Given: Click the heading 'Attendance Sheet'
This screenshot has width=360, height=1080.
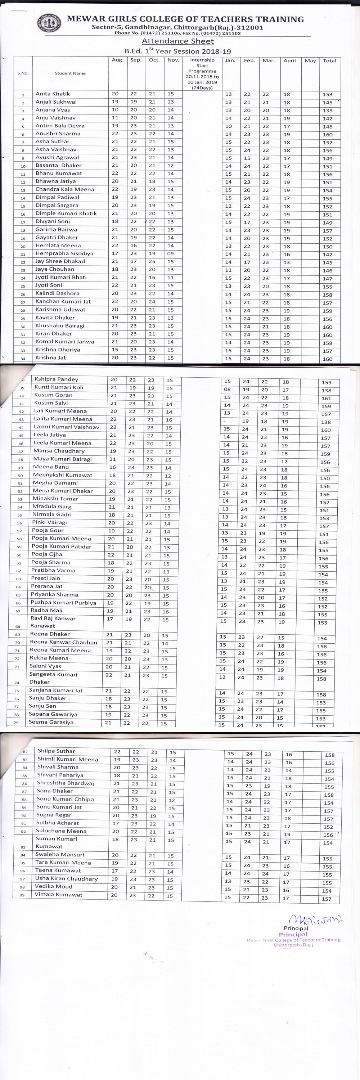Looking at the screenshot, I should point(178,41).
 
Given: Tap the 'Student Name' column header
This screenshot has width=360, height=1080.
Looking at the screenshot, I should point(71,73).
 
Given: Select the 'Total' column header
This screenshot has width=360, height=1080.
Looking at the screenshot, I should point(329,61).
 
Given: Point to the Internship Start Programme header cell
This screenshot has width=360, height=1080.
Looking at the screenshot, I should point(202,74).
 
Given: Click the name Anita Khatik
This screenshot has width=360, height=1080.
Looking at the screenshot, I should point(53,94).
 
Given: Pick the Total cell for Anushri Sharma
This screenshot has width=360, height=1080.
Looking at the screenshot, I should point(328,135).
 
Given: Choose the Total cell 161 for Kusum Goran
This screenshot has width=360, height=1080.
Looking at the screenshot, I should point(327,398).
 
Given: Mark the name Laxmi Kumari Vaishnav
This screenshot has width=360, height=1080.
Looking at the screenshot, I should point(67,427).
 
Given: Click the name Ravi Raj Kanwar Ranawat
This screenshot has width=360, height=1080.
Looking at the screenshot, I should point(53,622).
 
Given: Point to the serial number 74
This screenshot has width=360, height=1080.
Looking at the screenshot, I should point(17,683).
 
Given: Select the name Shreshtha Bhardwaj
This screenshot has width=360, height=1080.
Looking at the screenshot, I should point(66,783).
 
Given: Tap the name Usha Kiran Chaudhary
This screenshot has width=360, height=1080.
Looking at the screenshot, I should point(66,879).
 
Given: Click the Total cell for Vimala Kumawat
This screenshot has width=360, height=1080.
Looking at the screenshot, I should point(327,899).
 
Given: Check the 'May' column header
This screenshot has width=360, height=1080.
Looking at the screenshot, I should point(310,61).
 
